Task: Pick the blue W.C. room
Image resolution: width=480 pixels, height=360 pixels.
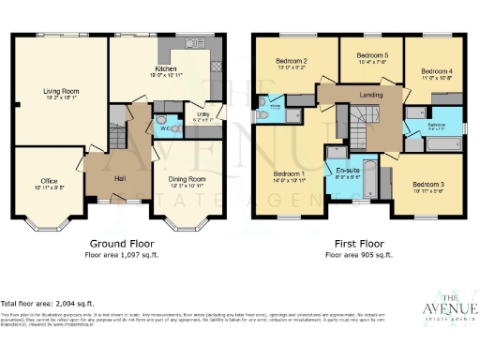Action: [x=165, y=127]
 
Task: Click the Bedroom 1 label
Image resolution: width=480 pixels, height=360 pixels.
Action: [x=289, y=174]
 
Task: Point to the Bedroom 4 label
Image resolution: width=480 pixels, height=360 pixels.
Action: [x=436, y=72]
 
